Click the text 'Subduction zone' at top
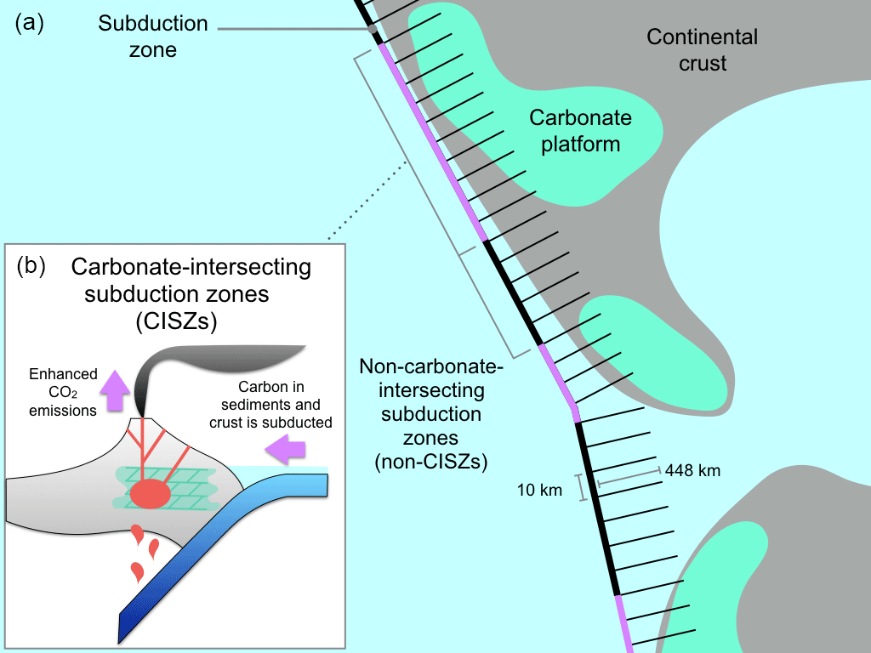click(153, 36)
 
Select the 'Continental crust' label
click(702, 49)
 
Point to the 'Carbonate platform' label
click(574, 130)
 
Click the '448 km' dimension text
click(693, 469)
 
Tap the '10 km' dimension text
click(540, 490)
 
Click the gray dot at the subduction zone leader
click(373, 30)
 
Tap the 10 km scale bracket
click(583, 487)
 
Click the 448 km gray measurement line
click(629, 477)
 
